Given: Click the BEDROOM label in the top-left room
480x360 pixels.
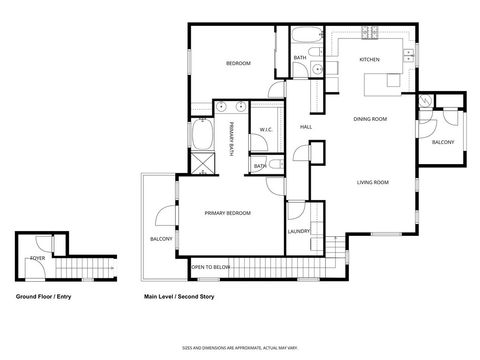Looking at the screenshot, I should (237, 63).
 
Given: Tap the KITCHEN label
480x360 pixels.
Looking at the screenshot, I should (369, 60).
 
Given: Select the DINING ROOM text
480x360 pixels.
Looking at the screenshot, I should (370, 120).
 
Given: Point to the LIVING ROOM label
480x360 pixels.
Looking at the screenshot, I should (373, 182).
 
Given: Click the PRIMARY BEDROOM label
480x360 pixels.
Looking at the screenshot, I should (227, 213).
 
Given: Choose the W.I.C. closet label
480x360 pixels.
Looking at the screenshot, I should (267, 129).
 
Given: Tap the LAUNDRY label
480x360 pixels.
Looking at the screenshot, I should (299, 231).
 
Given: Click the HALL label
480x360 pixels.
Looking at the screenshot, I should (307, 127).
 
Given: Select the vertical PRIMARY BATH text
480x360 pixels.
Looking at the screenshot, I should (231, 138).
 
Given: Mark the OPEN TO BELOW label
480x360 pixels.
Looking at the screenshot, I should (211, 267).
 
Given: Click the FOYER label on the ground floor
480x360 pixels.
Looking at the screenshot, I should (36, 257).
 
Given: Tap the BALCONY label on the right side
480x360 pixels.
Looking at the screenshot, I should (443, 142).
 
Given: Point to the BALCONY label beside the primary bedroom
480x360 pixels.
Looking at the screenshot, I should (161, 239).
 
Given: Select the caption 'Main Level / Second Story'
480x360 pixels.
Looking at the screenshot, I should (180, 297).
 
